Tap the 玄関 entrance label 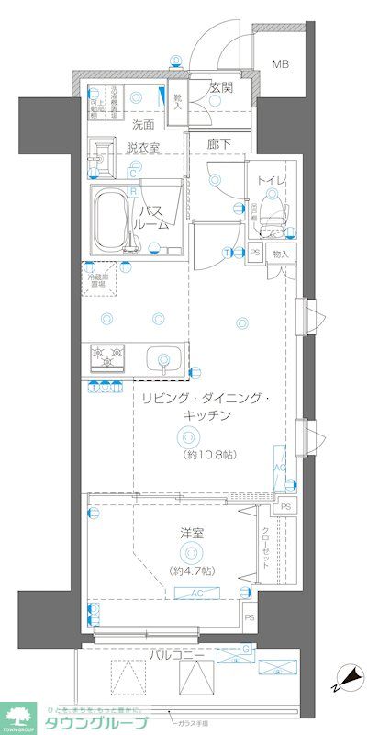click(220, 88)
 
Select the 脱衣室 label click(143, 144)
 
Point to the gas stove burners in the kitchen click(108, 355)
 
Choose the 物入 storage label click(281, 254)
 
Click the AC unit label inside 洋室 click(196, 594)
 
